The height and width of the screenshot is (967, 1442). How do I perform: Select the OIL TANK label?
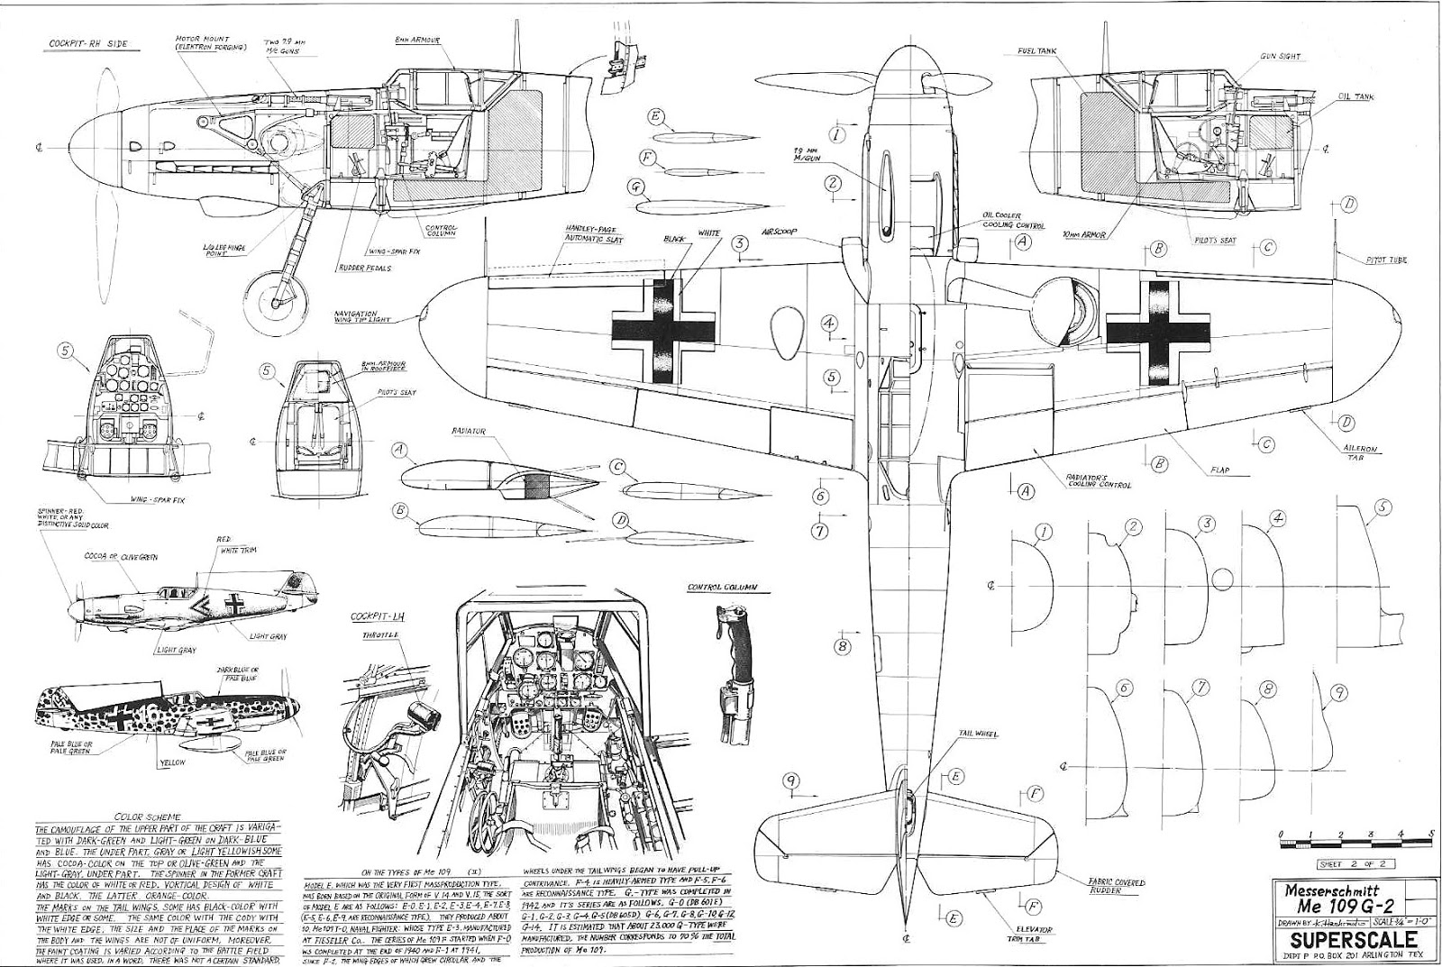[x=1355, y=96]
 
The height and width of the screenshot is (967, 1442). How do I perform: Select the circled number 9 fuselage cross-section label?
[x=1340, y=692]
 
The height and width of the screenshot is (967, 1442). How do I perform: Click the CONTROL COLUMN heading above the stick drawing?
[x=722, y=588]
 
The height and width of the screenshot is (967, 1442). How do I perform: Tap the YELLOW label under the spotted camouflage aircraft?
[x=170, y=762]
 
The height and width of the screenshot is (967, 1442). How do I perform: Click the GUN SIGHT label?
[x=1279, y=56]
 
